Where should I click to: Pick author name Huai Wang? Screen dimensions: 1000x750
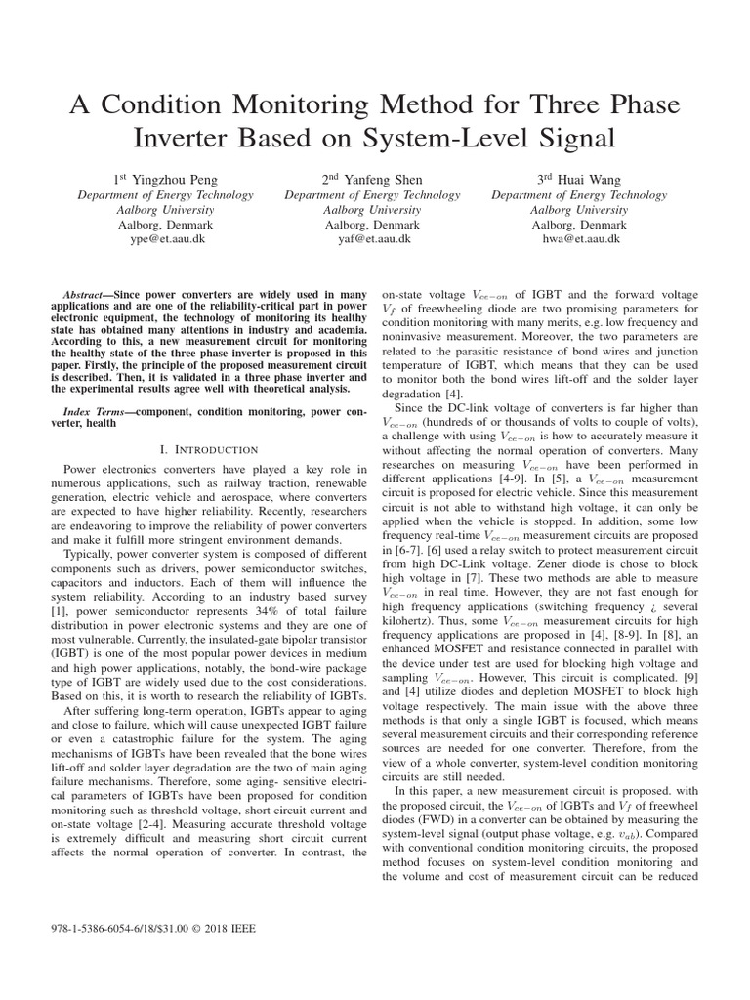[588, 180]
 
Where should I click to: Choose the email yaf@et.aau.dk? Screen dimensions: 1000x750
[374, 238]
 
